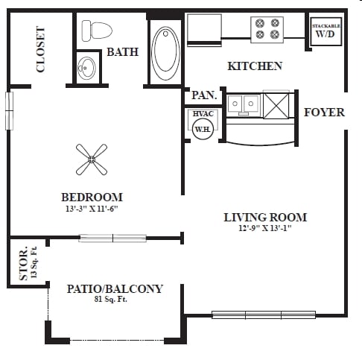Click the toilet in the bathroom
[97, 31]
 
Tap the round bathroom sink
[86, 68]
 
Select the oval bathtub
[165, 53]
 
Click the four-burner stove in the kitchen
[267, 30]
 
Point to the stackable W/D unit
[326, 31]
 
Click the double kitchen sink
[244, 104]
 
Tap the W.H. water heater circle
[203, 129]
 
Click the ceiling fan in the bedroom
[92, 160]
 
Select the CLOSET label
[41, 49]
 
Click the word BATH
[122, 52]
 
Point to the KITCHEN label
[255, 66]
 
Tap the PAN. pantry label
[204, 95]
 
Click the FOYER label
[324, 113]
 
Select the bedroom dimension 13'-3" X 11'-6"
[92, 209]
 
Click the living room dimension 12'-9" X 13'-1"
[265, 228]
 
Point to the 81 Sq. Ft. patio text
[111, 299]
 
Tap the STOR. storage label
[24, 263]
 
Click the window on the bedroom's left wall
[10, 110]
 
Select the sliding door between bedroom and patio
[112, 238]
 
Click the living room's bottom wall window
[264, 315]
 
